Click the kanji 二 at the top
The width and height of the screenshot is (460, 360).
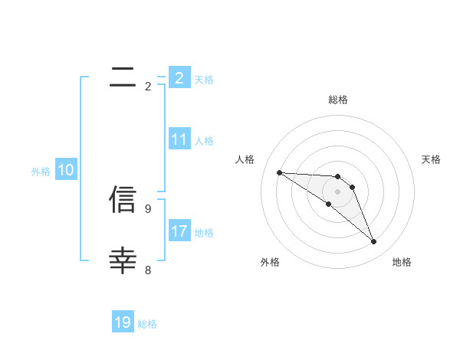[123, 76]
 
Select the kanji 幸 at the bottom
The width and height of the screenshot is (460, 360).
[123, 260]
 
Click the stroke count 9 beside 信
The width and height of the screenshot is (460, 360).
[148, 208]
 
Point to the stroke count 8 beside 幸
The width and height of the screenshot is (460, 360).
[148, 270]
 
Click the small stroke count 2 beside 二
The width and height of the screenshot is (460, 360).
[148, 87]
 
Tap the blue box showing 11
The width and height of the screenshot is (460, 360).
[179, 139]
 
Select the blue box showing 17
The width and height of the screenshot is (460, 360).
[179, 231]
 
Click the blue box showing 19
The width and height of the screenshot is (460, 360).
[123, 322]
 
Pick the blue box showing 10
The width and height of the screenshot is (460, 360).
[66, 170]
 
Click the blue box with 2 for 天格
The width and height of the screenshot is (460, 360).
[179, 77]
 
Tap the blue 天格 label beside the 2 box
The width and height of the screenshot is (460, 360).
[204, 79]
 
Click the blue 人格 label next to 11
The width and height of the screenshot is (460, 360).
[204, 141]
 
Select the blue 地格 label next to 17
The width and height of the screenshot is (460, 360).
[204, 232]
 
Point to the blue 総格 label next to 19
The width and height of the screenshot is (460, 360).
[147, 324]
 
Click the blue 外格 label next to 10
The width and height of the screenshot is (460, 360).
[41, 172]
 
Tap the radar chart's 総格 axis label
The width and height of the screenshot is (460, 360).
[337, 100]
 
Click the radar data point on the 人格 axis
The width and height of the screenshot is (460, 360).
[279, 172]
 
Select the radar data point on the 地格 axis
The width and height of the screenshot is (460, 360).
[374, 242]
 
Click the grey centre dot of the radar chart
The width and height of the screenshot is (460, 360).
[337, 191]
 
